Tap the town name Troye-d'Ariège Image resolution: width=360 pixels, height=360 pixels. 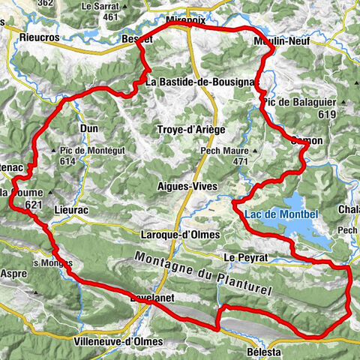pos(190,130)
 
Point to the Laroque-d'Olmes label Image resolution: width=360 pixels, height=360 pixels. pos(181,235)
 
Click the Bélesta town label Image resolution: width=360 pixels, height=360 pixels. pos(266,351)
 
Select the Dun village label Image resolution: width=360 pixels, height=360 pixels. pos(88,128)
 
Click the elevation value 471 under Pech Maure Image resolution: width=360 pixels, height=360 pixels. pos(239,161)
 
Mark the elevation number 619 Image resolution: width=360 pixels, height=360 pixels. pos(325,114)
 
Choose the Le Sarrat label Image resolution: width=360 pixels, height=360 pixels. pos(100,5)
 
